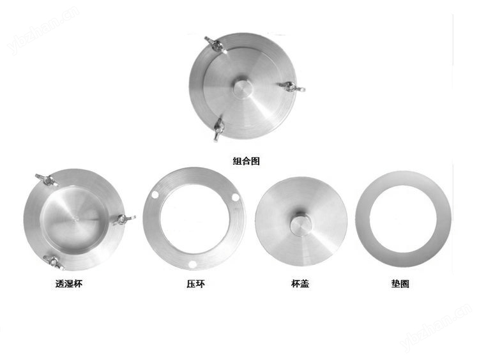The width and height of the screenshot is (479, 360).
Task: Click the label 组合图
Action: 247,161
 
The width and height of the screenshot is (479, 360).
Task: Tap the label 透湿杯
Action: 69,283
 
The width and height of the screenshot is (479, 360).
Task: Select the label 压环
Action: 195,283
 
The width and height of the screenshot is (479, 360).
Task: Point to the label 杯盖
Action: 300,283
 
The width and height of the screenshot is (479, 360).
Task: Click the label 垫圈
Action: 400,283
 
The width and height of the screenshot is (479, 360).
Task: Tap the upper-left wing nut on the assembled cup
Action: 215,44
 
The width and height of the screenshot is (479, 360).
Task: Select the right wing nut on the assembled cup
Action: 291,87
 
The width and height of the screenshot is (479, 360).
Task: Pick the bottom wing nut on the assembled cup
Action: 218,130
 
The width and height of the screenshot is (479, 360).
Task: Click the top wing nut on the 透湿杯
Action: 47,181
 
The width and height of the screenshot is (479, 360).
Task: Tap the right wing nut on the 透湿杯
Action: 125,219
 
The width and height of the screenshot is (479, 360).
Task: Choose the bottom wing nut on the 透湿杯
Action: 54,262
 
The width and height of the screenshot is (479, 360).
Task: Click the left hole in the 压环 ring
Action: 155,195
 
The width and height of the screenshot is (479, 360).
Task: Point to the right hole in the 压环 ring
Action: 235,197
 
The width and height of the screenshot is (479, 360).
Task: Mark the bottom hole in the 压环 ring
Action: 192,264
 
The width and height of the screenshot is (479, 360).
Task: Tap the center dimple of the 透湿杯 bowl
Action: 76,218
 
